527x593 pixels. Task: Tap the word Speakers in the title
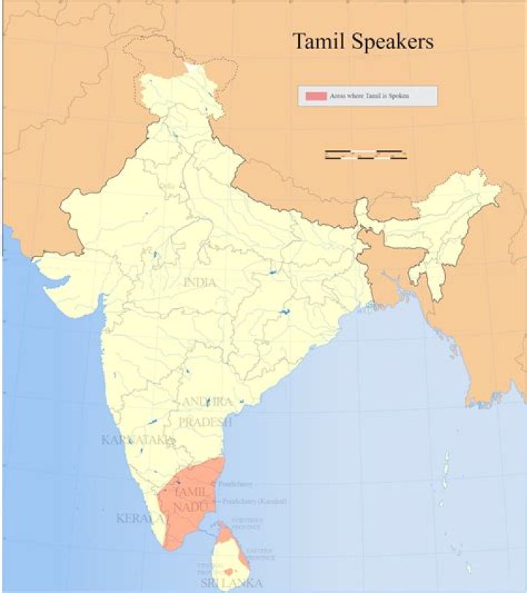pos(394,42)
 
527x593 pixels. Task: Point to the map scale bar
pos(365,154)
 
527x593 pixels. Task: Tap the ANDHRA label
pos(207,402)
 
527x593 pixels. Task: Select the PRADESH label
pos(205,422)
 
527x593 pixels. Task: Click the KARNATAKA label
pos(138,440)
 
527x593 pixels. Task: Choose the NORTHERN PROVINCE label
pos(247,523)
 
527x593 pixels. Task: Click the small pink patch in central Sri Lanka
pos(229,571)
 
